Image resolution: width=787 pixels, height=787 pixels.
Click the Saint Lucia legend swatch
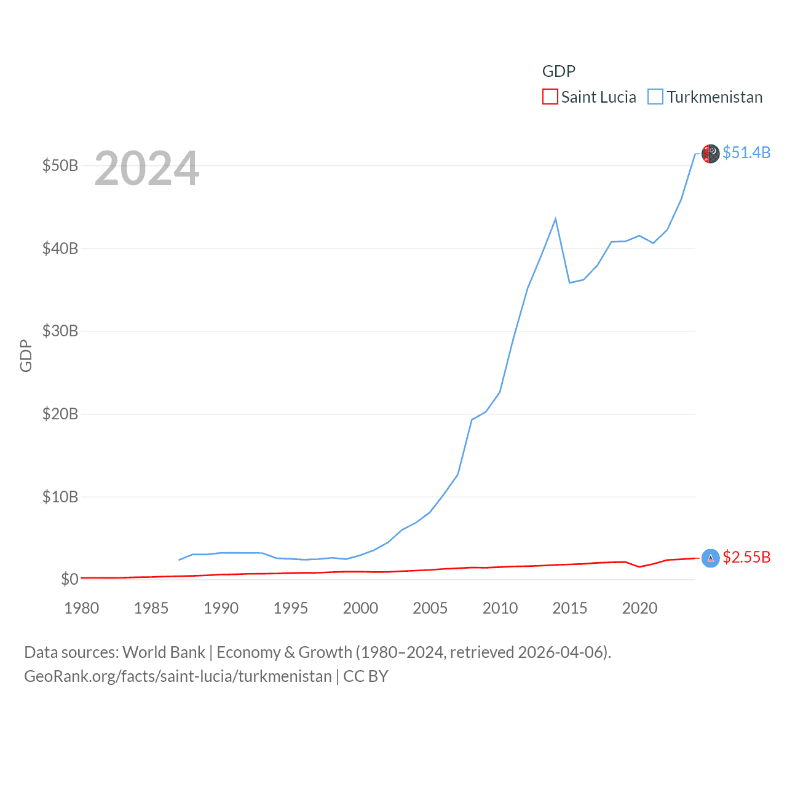click(x=550, y=97)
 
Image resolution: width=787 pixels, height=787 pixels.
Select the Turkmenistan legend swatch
click(x=655, y=97)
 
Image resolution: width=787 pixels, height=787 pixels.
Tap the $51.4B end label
click(x=746, y=152)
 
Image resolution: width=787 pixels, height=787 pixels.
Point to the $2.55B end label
click(x=746, y=557)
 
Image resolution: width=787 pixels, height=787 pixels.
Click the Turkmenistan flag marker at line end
click(x=711, y=154)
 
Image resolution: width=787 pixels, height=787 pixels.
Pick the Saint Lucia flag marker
click(x=711, y=558)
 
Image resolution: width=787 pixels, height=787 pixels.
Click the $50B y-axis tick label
click(x=60, y=165)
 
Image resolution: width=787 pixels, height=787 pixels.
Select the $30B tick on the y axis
click(x=60, y=331)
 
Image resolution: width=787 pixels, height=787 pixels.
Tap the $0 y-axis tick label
click(x=69, y=579)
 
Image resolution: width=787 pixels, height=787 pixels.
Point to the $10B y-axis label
click(x=60, y=497)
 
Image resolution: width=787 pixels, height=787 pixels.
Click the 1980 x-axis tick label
click(x=82, y=608)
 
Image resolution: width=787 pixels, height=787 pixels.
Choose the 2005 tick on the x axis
click(x=430, y=608)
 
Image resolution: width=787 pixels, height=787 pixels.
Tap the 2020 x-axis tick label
click(x=639, y=608)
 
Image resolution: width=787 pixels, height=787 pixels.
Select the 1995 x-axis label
click(x=291, y=608)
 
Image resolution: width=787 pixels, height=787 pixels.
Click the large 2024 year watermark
click(x=147, y=168)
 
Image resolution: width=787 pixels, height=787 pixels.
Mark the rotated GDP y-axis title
click(x=26, y=355)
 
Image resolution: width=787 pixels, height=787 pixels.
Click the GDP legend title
click(x=559, y=71)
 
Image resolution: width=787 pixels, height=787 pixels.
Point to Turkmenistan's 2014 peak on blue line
click(x=555, y=219)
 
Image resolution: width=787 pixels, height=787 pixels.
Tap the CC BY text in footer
click(x=366, y=676)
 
